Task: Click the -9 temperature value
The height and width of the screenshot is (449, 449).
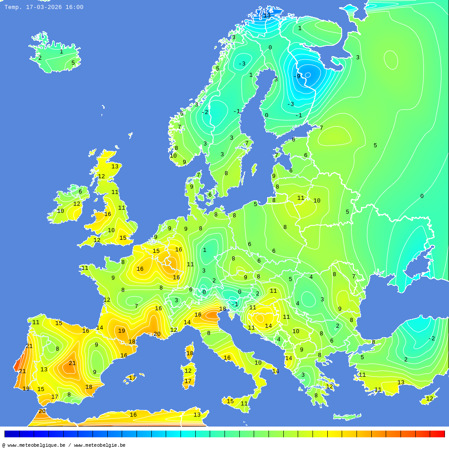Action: tap(297, 76)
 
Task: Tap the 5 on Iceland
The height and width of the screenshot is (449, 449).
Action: tap(73, 63)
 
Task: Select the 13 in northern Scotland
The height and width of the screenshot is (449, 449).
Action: tap(115, 167)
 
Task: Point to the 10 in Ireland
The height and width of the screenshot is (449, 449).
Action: tap(61, 211)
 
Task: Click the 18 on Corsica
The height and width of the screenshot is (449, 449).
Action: tap(190, 353)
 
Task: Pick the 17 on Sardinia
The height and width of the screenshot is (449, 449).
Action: tap(188, 381)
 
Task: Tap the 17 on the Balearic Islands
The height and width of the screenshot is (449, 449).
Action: tap(132, 378)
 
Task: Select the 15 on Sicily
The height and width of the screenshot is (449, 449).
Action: tap(230, 401)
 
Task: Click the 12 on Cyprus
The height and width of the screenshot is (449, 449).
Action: tap(430, 399)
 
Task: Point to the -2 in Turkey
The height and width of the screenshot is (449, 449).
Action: tap(431, 339)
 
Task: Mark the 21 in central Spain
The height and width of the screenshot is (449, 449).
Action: tap(72, 363)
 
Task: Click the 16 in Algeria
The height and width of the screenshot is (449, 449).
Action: tap(133, 415)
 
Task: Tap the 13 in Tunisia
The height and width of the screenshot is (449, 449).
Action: tap(197, 415)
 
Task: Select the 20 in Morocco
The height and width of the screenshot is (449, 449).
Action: tap(42, 411)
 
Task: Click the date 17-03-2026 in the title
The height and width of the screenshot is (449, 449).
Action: tap(44, 7)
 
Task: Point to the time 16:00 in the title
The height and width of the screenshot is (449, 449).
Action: tap(75, 7)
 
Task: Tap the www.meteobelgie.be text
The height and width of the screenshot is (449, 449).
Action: tap(100, 445)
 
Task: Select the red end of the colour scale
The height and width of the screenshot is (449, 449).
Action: tap(438, 434)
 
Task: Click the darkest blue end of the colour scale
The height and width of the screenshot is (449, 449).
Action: tap(11, 434)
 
